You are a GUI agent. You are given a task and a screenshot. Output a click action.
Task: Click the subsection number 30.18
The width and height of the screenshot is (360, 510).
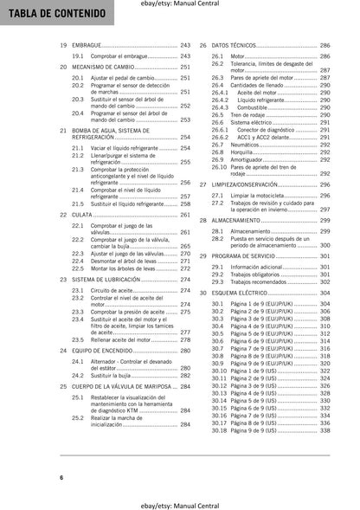coord(218,429)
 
